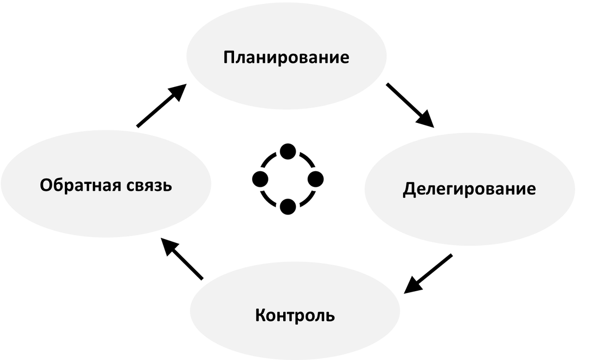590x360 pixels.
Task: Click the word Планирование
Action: (x=286, y=58)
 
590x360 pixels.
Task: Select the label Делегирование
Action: (x=469, y=189)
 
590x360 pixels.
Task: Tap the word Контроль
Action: (x=295, y=315)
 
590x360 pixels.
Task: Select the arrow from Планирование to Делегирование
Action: (x=410, y=105)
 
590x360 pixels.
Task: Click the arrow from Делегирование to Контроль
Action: (x=428, y=273)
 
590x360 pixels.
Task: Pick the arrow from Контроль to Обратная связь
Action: (x=182, y=258)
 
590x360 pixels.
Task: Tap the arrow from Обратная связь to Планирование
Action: (x=161, y=105)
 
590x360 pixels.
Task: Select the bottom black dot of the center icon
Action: (x=288, y=207)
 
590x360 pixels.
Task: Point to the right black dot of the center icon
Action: (x=316, y=178)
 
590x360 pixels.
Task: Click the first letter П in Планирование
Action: (x=229, y=58)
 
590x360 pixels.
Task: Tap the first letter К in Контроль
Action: (x=261, y=315)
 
